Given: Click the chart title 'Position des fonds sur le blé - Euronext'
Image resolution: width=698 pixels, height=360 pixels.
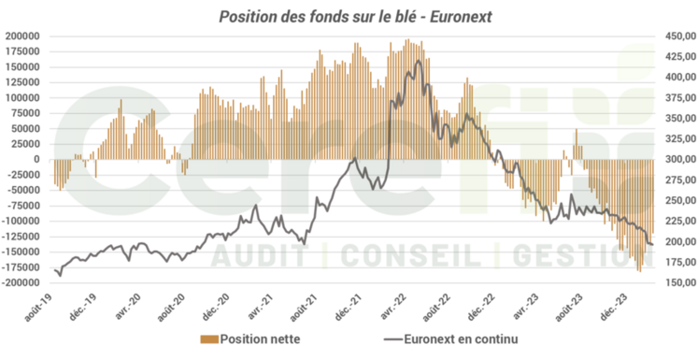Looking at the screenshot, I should (x=348, y=16).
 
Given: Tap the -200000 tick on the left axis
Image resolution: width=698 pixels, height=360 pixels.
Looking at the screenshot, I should (x=21, y=282).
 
